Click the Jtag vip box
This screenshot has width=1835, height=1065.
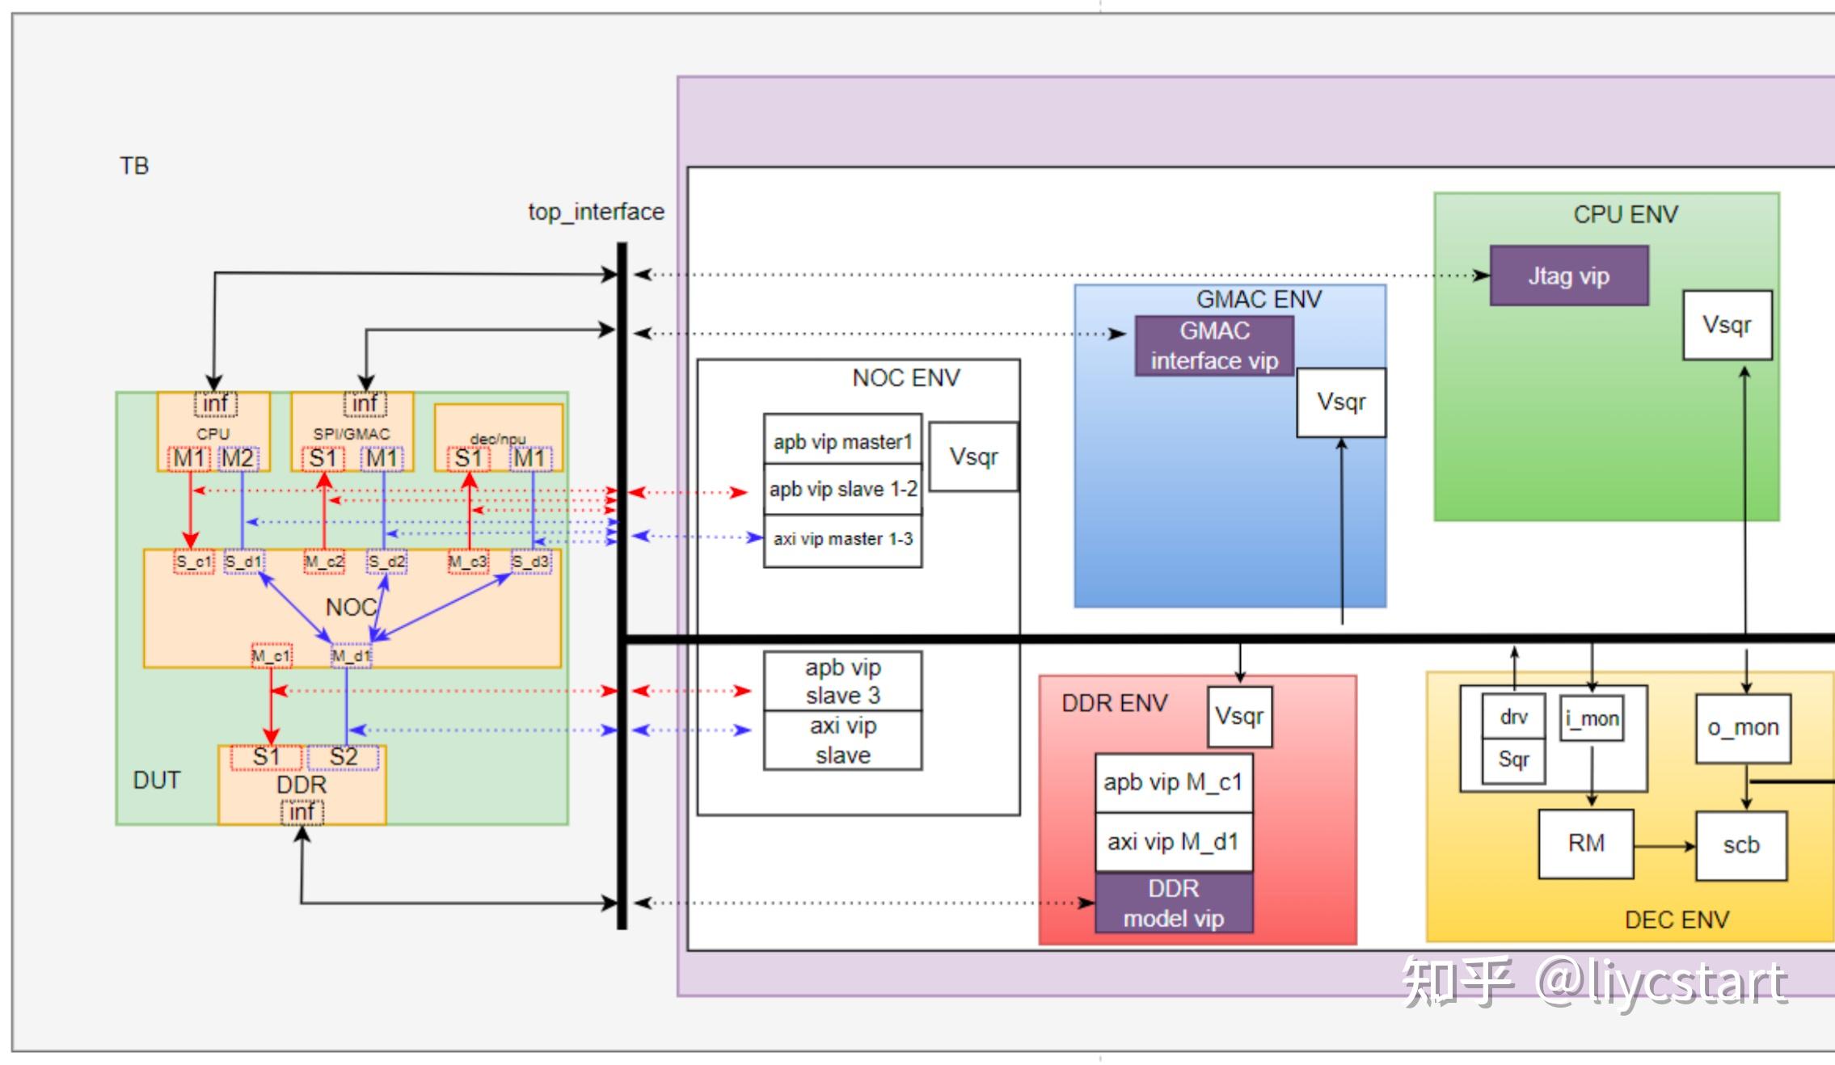[x=1568, y=276]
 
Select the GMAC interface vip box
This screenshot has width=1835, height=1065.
[x=1214, y=346]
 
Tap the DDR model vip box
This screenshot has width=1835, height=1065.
[x=1174, y=903]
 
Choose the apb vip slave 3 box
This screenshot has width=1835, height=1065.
[x=842, y=681]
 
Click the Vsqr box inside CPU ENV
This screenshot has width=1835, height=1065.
[x=1727, y=325]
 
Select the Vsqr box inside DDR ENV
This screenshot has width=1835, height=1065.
[x=1239, y=717]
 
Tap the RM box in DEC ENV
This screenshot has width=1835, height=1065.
[x=1586, y=844]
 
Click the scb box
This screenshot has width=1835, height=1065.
[x=1741, y=846]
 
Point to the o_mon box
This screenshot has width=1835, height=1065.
[x=1743, y=728]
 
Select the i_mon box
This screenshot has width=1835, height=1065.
[x=1592, y=718]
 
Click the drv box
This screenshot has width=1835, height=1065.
[x=1514, y=716]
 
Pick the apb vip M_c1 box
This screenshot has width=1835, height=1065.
[x=1174, y=783]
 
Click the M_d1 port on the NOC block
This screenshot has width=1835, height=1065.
[x=352, y=655]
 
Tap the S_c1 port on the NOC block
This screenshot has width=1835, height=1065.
[x=194, y=562]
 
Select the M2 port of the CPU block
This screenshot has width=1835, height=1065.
[x=238, y=459]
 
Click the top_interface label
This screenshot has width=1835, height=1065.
[x=597, y=212]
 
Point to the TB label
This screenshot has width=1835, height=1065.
[x=134, y=166]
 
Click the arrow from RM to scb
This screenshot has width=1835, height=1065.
[x=1664, y=846]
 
